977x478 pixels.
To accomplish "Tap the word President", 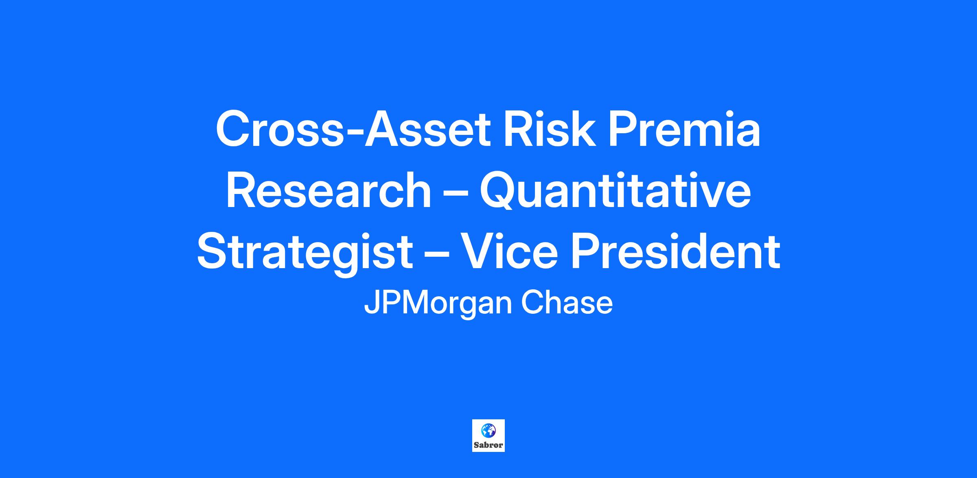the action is click(x=676, y=251).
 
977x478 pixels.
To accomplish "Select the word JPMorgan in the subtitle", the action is click(x=438, y=304).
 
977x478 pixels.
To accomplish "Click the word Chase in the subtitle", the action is click(x=567, y=303).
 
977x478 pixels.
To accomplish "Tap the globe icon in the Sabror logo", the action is click(x=488, y=430).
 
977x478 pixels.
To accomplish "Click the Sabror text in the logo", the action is click(x=488, y=445).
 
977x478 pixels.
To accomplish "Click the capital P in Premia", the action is click(x=624, y=129).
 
